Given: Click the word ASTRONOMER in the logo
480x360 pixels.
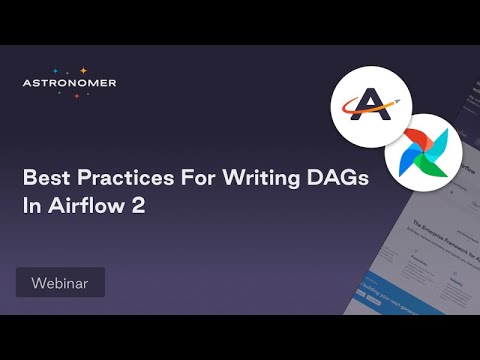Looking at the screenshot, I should pos(69,83).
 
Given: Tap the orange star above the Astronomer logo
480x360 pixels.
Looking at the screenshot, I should pos(83,71).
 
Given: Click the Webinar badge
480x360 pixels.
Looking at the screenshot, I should pos(60,283).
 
